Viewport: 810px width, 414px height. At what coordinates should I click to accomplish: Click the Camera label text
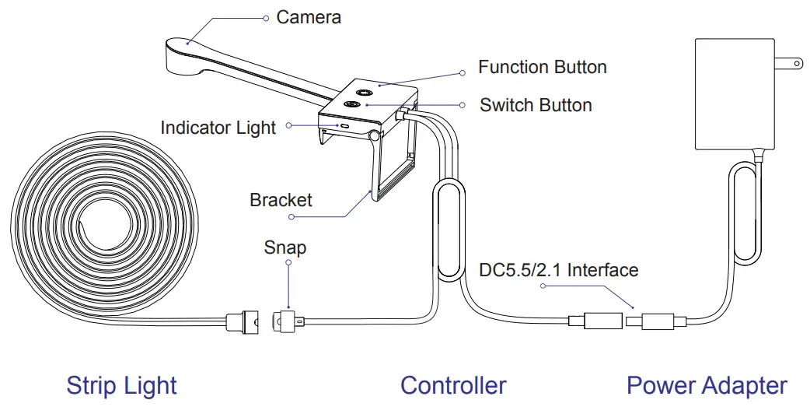point(309,16)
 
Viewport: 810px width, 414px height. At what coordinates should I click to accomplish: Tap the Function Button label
point(542,67)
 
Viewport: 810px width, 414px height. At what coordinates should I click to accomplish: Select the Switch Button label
point(536,105)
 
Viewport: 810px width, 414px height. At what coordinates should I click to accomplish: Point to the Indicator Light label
point(218,127)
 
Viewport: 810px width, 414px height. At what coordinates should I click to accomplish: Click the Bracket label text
point(281,200)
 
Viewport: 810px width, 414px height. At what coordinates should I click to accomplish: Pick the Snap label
point(285,247)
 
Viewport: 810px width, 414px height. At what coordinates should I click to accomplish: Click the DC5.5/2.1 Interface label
point(557,271)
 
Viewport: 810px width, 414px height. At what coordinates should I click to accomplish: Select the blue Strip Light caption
point(121,385)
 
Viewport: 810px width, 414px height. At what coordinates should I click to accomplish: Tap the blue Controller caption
point(453,385)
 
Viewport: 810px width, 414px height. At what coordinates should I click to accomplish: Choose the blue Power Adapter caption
point(707,385)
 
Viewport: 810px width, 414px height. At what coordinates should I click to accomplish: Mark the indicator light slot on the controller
point(342,124)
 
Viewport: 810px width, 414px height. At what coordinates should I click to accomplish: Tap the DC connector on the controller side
point(595,321)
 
